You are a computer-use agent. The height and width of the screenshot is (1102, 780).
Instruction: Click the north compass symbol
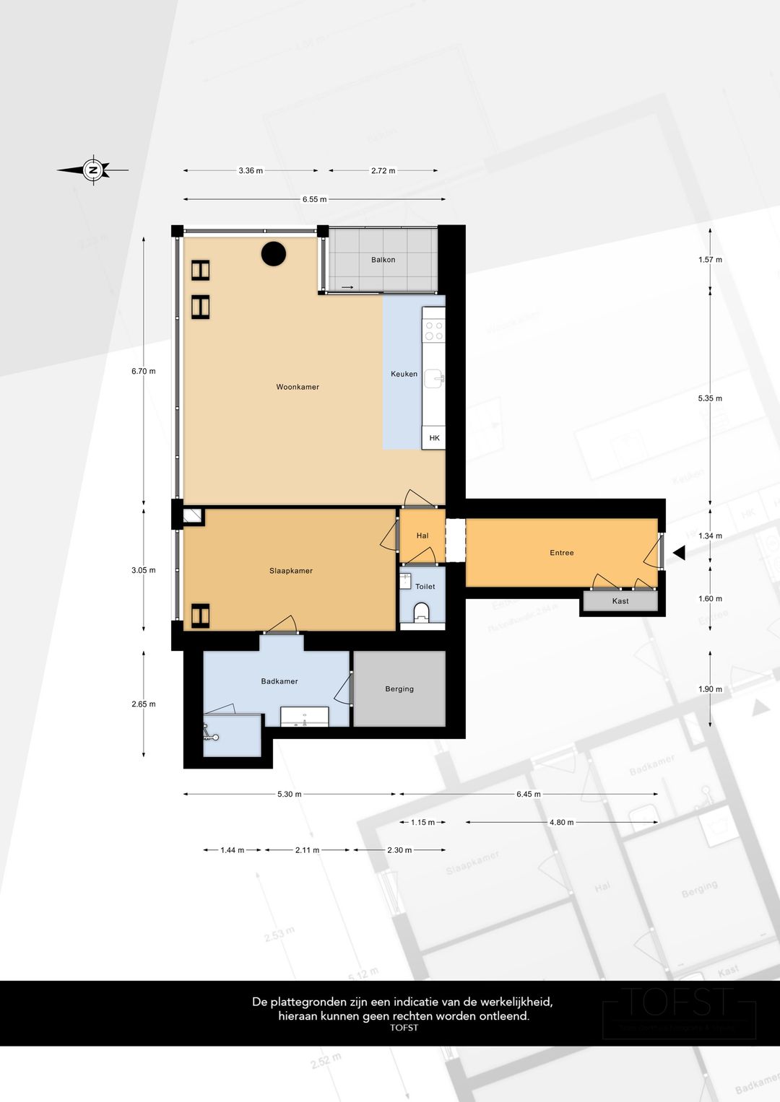pos(93,170)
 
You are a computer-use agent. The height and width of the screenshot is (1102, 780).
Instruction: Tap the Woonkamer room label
pos(298,387)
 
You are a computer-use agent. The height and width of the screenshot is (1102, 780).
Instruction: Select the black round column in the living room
pos(274,253)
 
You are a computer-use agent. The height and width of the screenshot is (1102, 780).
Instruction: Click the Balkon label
pos(383,260)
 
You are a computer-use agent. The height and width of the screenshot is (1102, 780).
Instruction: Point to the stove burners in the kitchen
pos(434,331)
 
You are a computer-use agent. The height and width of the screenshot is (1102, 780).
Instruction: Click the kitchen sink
pos(434,377)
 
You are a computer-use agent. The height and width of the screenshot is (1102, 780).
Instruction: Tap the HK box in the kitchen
pos(434,438)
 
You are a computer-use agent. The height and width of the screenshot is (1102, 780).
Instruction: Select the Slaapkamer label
pos(291,571)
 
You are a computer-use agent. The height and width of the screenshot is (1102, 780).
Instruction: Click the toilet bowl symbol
pos(422,613)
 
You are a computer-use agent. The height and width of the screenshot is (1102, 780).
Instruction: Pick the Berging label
pos(399,689)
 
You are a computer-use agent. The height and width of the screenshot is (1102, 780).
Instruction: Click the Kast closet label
pos(620,601)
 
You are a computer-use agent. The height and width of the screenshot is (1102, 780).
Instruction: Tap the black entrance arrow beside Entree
pos(679,553)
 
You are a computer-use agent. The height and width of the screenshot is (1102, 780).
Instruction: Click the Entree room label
pos(562,553)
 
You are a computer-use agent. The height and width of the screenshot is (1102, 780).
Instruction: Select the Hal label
pos(422,535)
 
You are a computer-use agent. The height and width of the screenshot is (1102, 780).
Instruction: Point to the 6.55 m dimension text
pos(314,199)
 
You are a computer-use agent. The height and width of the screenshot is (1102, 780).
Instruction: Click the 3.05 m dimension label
pos(144,570)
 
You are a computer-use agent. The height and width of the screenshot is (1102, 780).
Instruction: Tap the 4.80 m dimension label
pos(561,822)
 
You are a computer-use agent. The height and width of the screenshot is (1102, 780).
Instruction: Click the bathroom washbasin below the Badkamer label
pos(304,717)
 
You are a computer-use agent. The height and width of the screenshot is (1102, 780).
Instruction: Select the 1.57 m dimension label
pos(710,260)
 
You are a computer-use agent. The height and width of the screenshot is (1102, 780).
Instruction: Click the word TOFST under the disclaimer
pos(404,1028)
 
